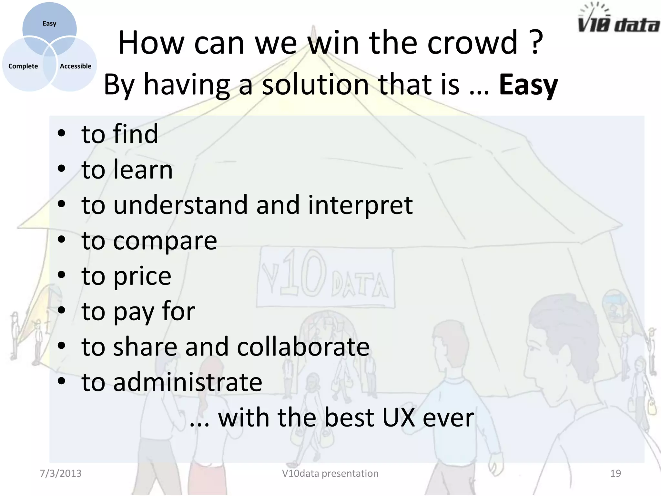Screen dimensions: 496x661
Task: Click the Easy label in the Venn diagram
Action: pyautogui.click(x=49, y=24)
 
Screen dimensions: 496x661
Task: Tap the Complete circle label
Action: pyautogui.click(x=23, y=66)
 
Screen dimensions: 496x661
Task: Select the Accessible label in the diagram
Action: pyautogui.click(x=76, y=66)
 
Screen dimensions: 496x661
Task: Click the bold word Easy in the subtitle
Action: pyautogui.click(x=528, y=85)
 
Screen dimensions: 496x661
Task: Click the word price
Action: pyautogui.click(x=142, y=276)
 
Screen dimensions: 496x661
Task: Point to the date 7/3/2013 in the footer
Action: pyautogui.click(x=61, y=473)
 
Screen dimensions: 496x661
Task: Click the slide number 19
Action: pyautogui.click(x=615, y=473)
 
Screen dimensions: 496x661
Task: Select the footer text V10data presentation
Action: pyautogui.click(x=330, y=473)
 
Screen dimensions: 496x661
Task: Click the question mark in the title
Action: pyautogui.click(x=536, y=43)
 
